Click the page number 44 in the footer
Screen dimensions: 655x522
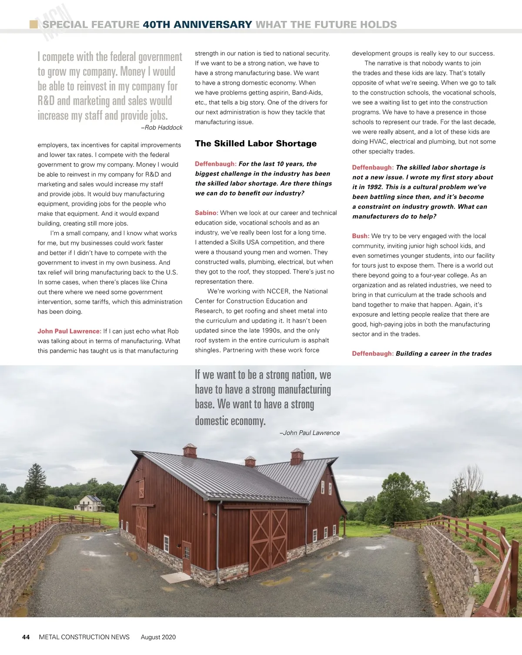click(x=26, y=637)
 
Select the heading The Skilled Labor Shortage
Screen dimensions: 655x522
click(x=256, y=144)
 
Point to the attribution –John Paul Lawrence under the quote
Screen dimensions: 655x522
click(x=309, y=433)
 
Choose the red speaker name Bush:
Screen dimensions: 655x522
click(x=361, y=236)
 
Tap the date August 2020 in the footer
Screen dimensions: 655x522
click(x=158, y=637)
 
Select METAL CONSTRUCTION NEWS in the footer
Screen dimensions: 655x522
click(x=84, y=637)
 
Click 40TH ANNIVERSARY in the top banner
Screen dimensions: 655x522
click(x=197, y=25)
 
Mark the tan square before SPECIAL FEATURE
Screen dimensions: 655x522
click(x=33, y=24)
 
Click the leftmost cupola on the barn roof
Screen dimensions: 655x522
click(x=190, y=450)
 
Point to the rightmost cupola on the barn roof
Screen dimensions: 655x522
click(x=297, y=456)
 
